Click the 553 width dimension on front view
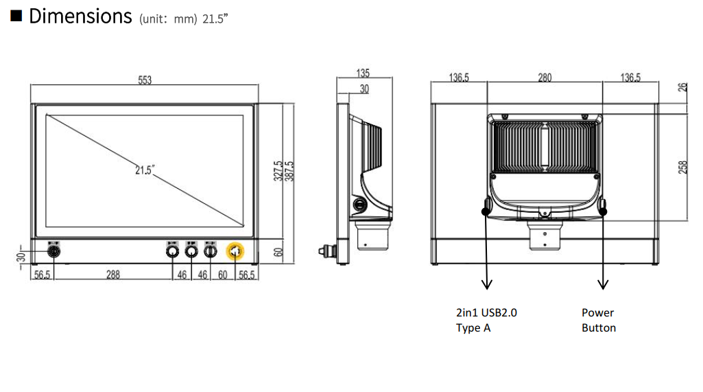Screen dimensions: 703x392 (145, 80)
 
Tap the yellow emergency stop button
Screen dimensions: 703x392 (235, 251)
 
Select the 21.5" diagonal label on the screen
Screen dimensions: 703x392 (145, 170)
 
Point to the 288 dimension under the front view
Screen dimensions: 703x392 (113, 275)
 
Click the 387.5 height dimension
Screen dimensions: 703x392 (289, 171)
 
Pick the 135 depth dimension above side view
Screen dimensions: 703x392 (363, 73)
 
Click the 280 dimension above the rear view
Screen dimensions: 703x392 (545, 77)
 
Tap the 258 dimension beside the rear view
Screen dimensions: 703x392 (682, 167)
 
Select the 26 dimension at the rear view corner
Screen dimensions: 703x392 (682, 87)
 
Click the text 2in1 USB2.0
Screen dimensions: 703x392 (486, 312)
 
